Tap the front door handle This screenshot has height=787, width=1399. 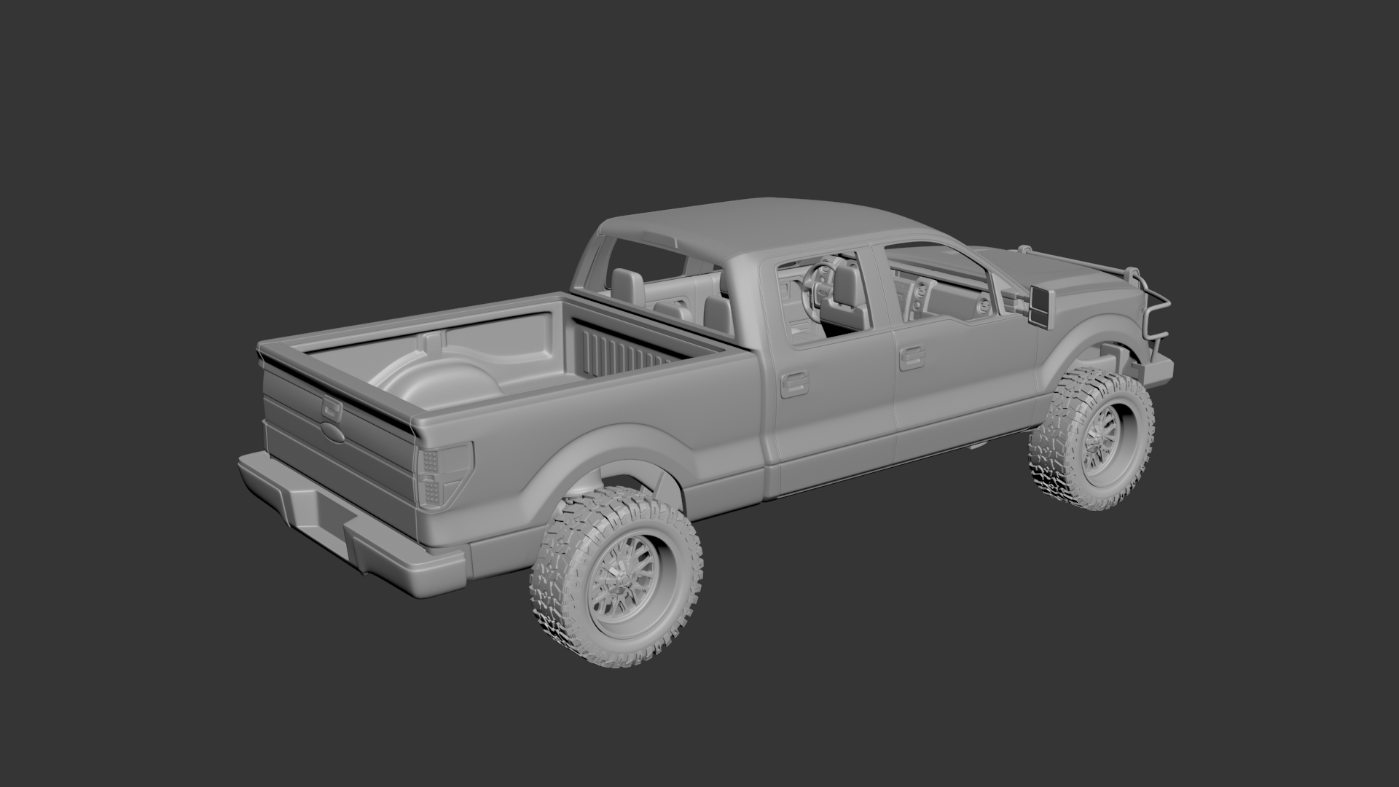[x=908, y=358]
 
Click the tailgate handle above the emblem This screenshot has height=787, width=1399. [x=332, y=409]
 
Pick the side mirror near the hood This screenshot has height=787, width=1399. [x=1035, y=305]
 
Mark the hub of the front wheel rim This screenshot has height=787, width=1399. [x=1095, y=445]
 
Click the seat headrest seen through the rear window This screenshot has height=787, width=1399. [x=627, y=284]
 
